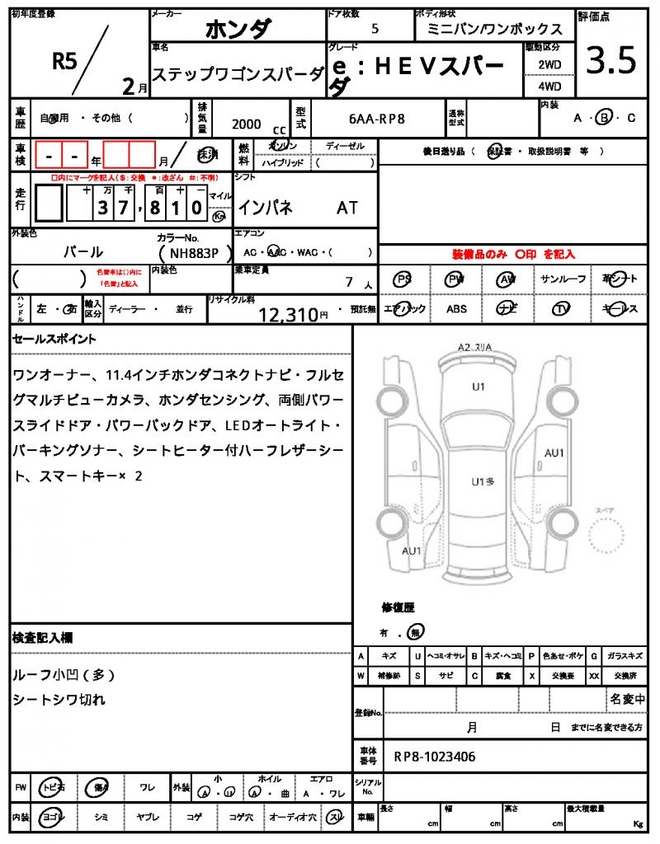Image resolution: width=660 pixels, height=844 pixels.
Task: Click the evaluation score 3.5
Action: click(x=611, y=61)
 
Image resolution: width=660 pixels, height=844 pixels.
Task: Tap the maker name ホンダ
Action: click(x=237, y=28)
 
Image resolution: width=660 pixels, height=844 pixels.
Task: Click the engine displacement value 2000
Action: click(x=247, y=124)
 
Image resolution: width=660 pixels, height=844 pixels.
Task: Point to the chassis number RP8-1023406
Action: click(x=434, y=756)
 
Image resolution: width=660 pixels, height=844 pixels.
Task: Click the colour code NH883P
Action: click(x=189, y=254)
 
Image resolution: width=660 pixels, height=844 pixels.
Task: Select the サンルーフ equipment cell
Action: click(x=563, y=279)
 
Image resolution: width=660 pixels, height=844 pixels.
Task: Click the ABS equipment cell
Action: click(x=456, y=309)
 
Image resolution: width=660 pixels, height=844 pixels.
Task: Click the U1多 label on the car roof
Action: click(x=483, y=481)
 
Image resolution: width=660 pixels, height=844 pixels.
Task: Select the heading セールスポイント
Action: click(x=54, y=338)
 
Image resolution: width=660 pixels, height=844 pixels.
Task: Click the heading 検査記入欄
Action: click(x=43, y=637)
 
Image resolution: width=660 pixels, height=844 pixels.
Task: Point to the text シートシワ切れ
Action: click(x=59, y=699)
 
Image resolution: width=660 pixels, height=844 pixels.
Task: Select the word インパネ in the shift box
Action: click(x=265, y=208)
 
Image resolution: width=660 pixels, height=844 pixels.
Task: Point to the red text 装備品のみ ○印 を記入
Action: click(x=512, y=255)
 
